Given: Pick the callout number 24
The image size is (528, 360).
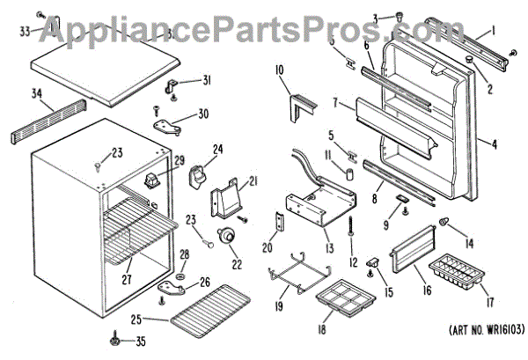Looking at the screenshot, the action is pos(216,149).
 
